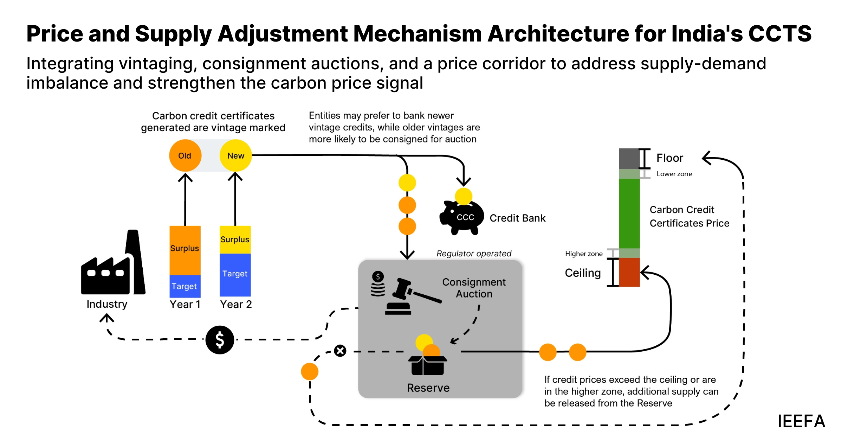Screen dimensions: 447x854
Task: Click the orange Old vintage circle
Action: click(185, 155)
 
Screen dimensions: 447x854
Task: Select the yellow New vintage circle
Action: click(235, 155)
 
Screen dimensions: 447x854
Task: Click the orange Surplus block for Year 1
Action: click(185, 250)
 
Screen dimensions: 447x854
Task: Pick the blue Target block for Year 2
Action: click(235, 274)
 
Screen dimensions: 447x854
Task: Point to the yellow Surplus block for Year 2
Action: click(235, 239)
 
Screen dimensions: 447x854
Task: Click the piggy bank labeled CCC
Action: click(462, 216)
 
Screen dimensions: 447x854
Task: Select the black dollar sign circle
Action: click(220, 340)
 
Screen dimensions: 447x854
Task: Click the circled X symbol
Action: click(340, 351)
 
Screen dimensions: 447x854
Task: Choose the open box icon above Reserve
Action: click(427, 365)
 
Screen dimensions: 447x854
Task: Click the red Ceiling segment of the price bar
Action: click(629, 272)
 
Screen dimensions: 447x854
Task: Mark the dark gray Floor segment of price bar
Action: click(629, 159)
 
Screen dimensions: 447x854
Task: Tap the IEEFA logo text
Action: click(801, 421)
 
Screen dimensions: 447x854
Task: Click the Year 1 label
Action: click(185, 304)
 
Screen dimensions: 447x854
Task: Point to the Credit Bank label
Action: click(517, 218)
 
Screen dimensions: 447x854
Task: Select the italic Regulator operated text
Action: click(474, 254)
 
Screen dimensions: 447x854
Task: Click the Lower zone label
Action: click(674, 174)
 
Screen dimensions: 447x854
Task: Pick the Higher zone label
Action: click(583, 254)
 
